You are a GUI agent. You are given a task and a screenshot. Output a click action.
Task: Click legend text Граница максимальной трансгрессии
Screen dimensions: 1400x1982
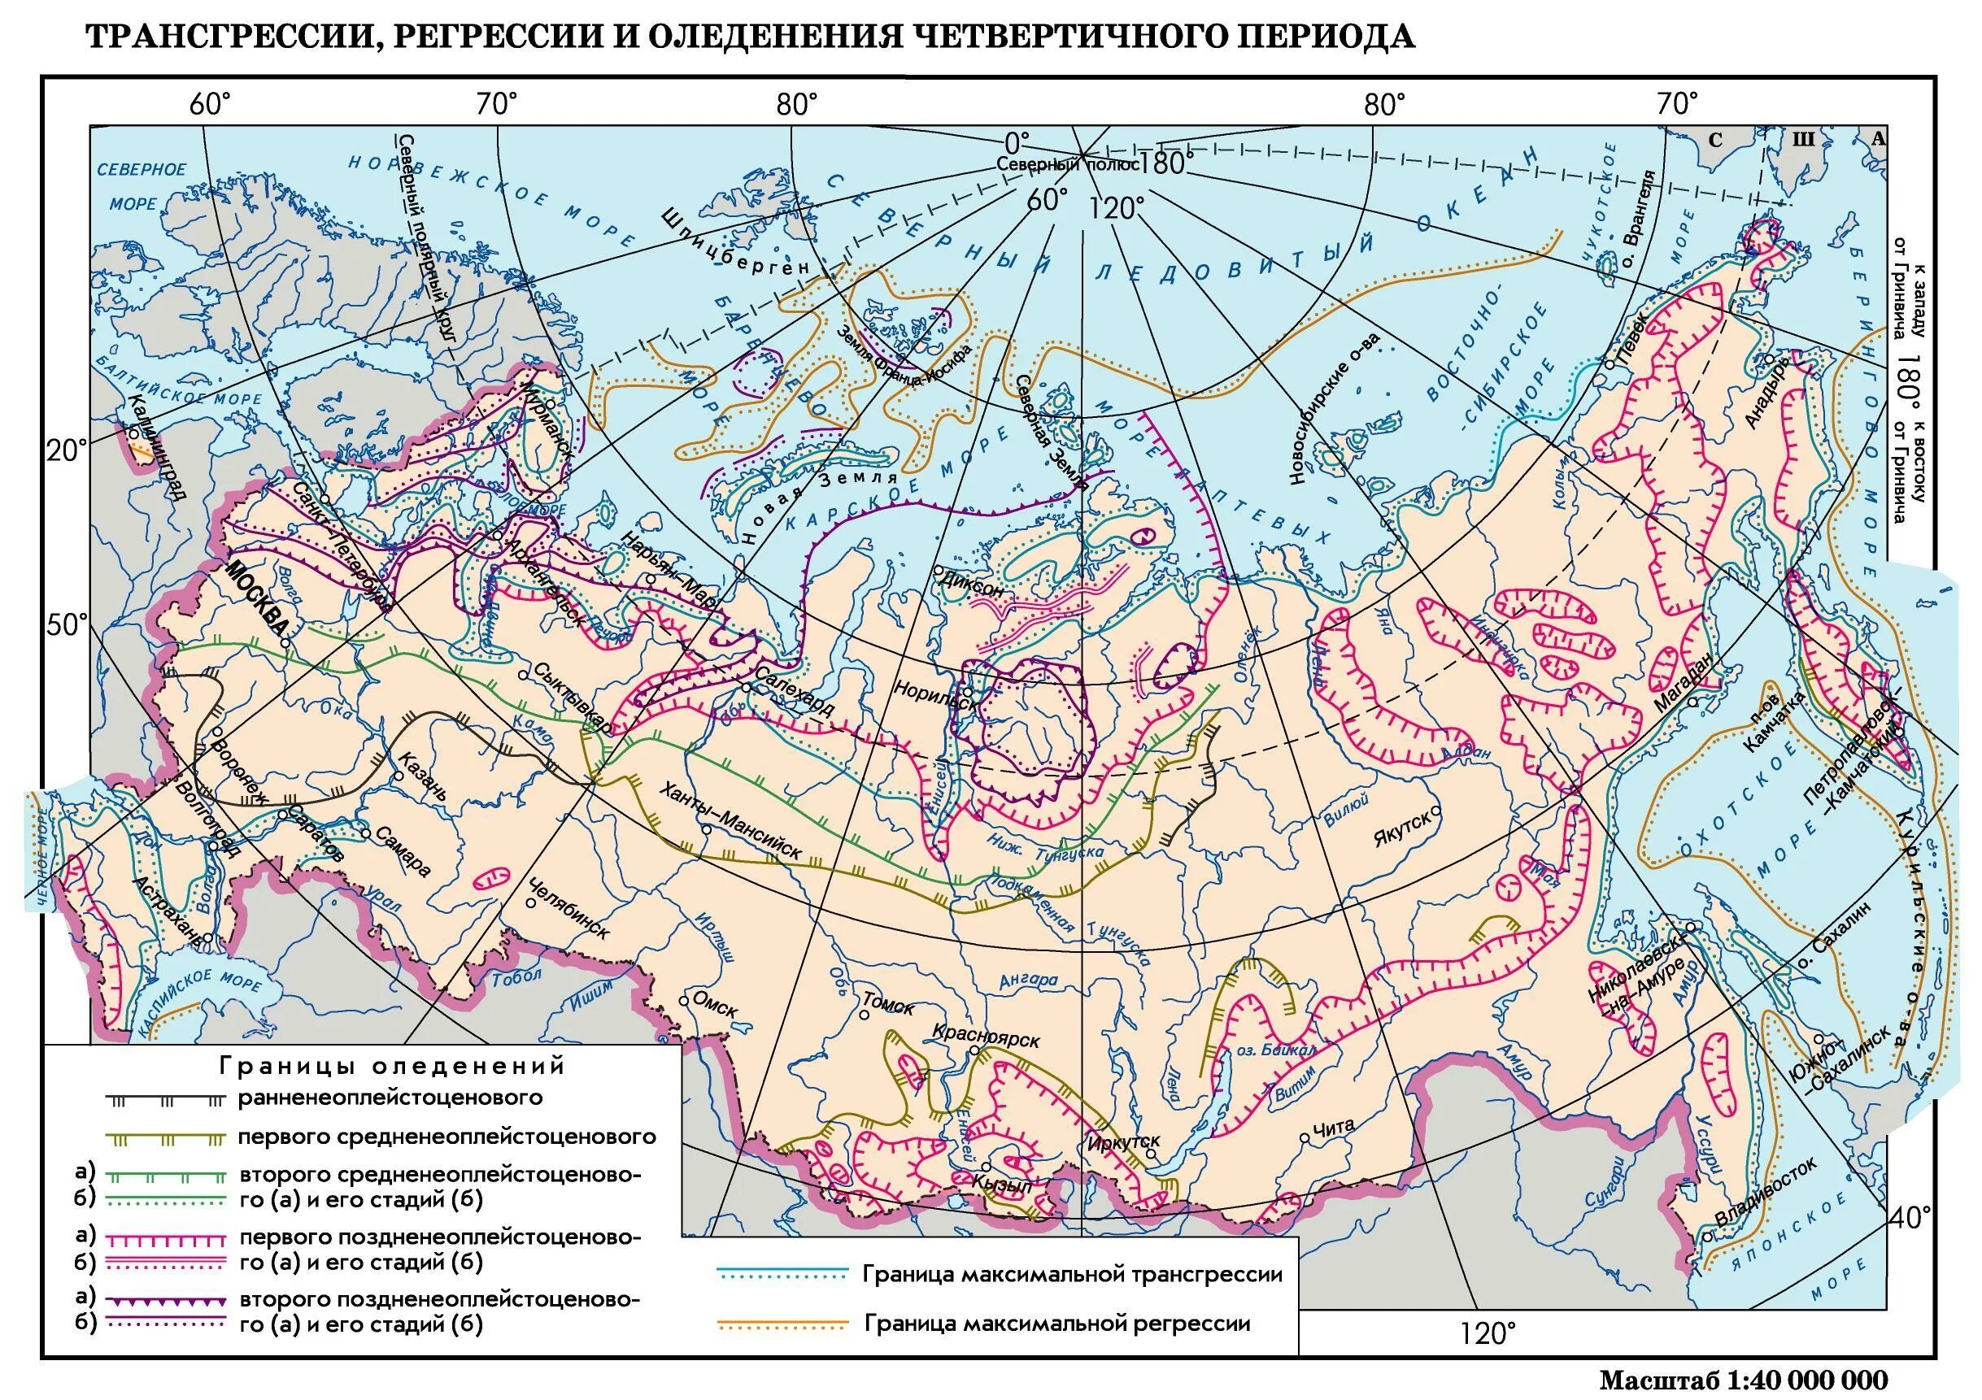[1072, 1274]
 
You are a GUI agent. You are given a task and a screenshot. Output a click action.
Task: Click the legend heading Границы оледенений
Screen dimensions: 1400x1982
[393, 1066]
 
